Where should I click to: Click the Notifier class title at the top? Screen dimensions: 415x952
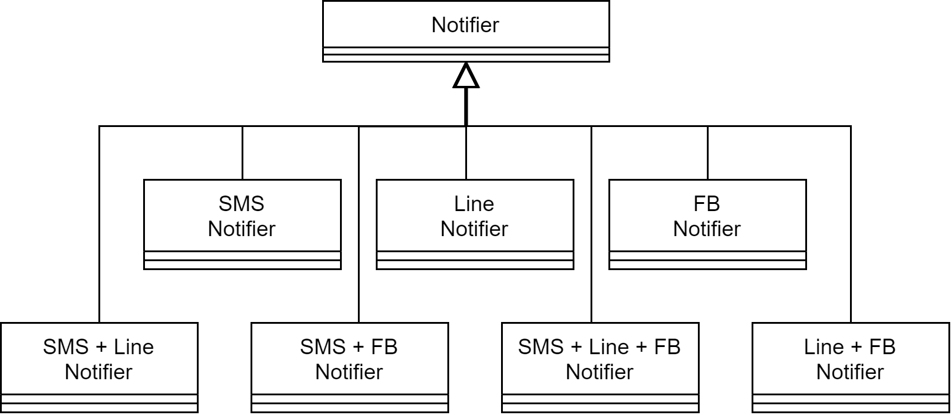point(465,25)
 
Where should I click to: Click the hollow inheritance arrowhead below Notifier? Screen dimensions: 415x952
point(466,76)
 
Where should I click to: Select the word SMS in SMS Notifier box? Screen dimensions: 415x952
point(242,204)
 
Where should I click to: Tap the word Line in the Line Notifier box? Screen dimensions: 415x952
point(474,204)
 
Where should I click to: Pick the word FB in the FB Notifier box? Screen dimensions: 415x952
point(707,204)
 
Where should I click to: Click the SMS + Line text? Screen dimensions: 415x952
point(98,347)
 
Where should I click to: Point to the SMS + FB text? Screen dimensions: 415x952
point(349,347)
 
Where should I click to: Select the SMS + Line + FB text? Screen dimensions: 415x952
point(599,347)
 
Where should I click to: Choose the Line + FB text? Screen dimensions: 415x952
point(850,347)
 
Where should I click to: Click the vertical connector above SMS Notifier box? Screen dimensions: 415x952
point(242,153)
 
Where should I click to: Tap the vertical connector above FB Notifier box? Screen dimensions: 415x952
point(707,153)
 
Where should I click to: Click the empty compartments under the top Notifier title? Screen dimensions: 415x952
point(465,54)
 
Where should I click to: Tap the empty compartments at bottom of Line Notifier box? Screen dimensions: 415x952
point(474,260)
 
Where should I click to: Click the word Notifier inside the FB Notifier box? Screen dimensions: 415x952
point(707,229)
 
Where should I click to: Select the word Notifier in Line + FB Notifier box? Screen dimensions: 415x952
point(850,372)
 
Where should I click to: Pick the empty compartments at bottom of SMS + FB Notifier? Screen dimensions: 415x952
point(349,403)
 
